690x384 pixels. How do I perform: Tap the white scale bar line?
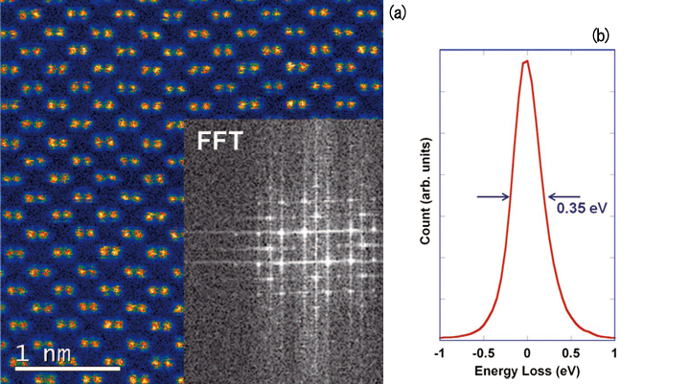pos(66,368)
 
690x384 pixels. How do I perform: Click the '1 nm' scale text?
pos(44,354)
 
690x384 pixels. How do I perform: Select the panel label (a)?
pos(401,11)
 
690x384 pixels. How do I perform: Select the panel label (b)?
pos(601,35)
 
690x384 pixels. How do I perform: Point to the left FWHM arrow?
pos(493,197)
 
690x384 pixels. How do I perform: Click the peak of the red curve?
pos(525,63)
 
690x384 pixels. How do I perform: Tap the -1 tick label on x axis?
pos(438,352)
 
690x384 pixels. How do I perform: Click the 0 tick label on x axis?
pos(527,352)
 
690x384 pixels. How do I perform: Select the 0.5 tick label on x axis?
pos(570,352)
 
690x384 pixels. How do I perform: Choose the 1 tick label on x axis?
pos(614,352)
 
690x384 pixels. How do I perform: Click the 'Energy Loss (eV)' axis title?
pos(526,369)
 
